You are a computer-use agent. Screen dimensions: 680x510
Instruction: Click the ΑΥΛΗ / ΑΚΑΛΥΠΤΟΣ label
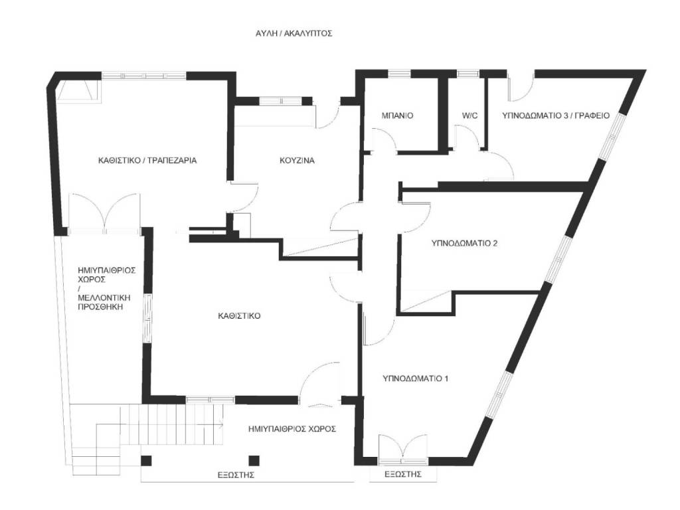(294, 33)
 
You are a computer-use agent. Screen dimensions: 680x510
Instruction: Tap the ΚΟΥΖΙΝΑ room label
(297, 161)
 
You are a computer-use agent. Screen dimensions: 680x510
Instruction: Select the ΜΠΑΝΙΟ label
(397, 116)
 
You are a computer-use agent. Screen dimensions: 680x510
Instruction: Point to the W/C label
(469, 116)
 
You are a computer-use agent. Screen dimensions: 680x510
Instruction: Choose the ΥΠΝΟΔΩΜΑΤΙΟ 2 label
(464, 243)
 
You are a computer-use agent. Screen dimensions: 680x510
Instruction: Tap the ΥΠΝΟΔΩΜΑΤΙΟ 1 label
(416, 379)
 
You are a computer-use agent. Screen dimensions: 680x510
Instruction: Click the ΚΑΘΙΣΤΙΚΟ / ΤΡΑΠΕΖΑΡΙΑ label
(147, 161)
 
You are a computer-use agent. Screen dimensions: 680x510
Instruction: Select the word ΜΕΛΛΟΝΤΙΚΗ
(104, 298)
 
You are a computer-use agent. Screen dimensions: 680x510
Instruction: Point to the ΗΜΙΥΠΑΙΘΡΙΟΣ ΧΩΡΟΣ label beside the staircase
(292, 430)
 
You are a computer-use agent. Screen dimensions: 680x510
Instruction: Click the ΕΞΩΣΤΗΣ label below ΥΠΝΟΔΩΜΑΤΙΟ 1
(403, 474)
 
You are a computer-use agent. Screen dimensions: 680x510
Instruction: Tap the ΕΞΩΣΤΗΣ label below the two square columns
(236, 475)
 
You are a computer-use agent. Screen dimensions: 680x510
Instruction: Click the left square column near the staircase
(147, 461)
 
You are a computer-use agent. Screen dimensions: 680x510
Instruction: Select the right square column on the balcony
(254, 461)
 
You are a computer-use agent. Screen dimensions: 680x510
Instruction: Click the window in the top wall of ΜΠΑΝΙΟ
(399, 74)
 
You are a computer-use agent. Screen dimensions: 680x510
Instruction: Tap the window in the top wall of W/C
(469, 74)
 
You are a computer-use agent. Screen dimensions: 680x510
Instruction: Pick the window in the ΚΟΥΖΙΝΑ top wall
(281, 101)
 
